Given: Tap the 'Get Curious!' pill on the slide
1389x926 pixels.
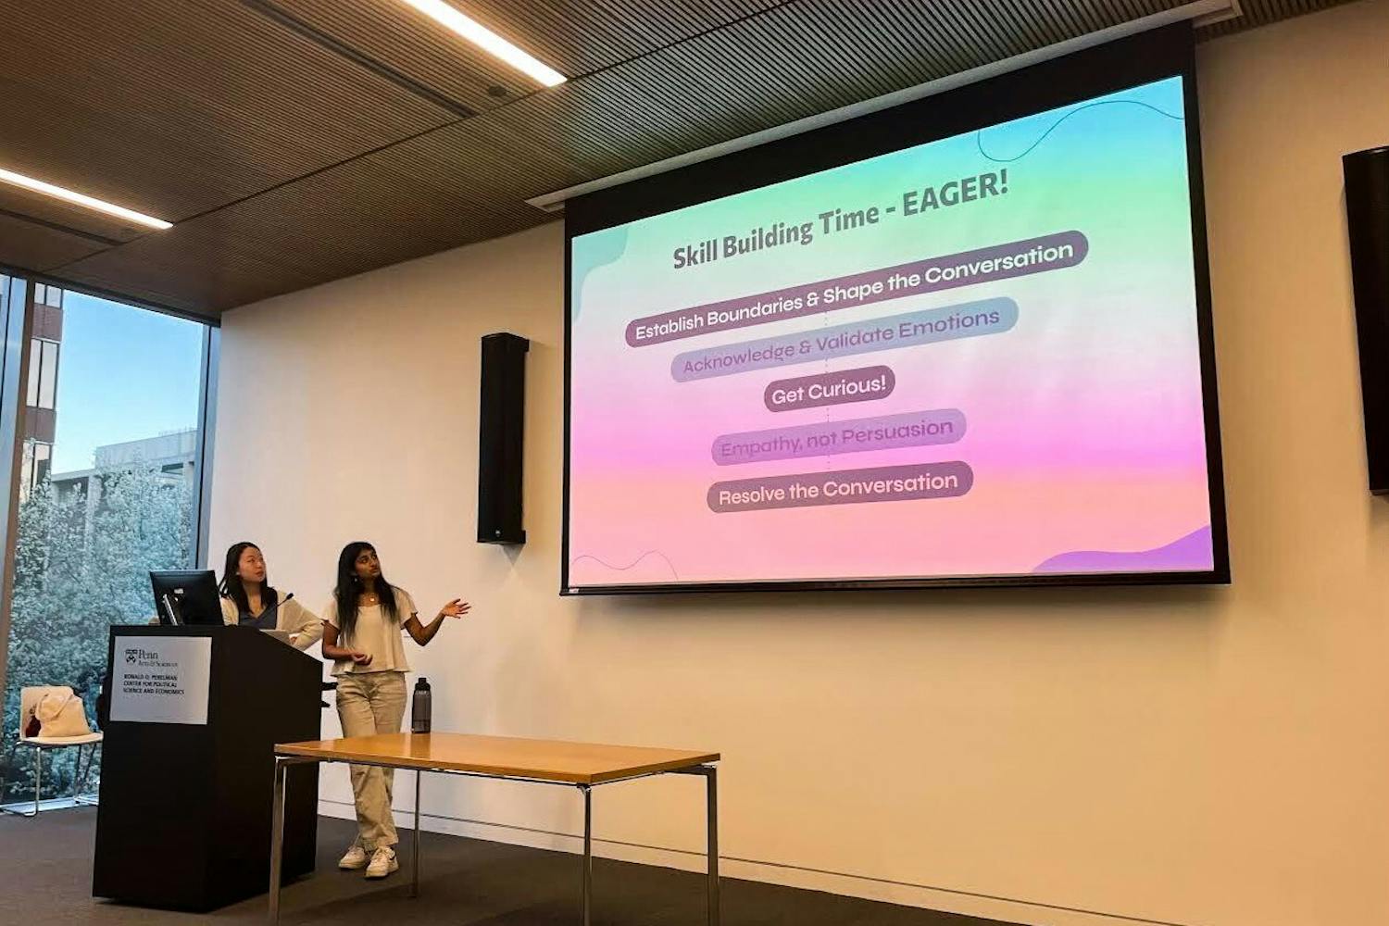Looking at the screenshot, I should coord(829,390).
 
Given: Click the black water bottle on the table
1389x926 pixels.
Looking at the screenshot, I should coord(421,705).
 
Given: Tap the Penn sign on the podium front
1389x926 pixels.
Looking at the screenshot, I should coord(160,679).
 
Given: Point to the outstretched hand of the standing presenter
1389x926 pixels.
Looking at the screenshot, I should coord(457,607).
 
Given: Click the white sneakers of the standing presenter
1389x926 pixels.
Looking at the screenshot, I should coord(370,860).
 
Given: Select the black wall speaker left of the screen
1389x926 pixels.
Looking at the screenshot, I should coord(503,438).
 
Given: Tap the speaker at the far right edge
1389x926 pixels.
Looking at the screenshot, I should coord(1369,319).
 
